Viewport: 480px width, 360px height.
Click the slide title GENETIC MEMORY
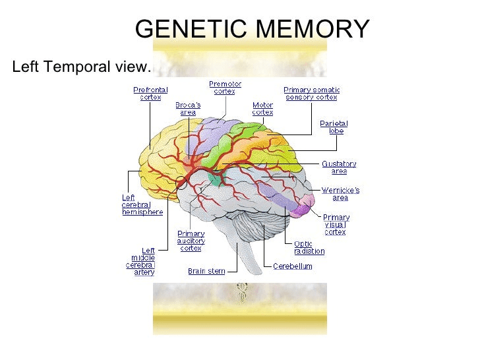pyautogui.click(x=252, y=28)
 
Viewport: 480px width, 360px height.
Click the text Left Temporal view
pyautogui.click(x=82, y=67)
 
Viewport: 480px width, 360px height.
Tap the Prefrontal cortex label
pyautogui.click(x=150, y=94)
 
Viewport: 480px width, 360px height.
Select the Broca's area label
pyautogui.click(x=187, y=109)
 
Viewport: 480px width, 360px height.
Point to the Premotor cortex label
pyautogui.click(x=225, y=88)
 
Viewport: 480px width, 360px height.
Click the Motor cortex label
pyautogui.click(x=262, y=109)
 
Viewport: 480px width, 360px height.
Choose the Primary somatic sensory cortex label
pyautogui.click(x=311, y=94)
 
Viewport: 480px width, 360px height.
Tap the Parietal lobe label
pyautogui.click(x=334, y=127)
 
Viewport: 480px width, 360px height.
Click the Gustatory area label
pyautogui.click(x=339, y=167)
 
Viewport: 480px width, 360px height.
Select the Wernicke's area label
pyautogui.click(x=340, y=194)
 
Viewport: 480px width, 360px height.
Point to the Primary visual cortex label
pyautogui.click(x=336, y=224)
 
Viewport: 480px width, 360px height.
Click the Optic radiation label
pyautogui.click(x=309, y=247)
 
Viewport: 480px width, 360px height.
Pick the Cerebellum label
pyautogui.click(x=292, y=266)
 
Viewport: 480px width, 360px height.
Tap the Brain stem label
pyautogui.click(x=206, y=270)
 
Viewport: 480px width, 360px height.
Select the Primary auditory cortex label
pyautogui.click(x=191, y=241)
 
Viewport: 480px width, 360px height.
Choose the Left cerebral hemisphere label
pyautogui.click(x=142, y=204)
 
